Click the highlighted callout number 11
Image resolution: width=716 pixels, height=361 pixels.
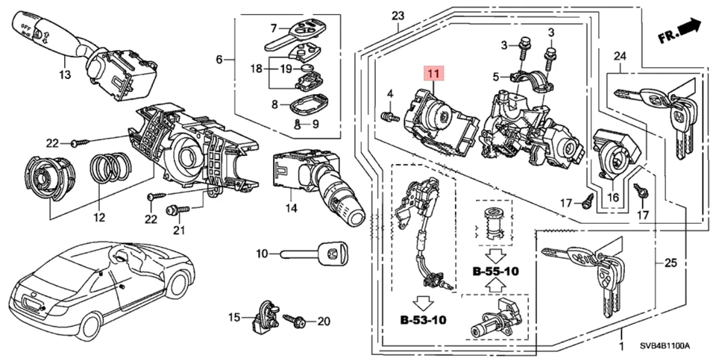433,74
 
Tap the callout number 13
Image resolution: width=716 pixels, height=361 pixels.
65,75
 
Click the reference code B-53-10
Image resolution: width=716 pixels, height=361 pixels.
423,321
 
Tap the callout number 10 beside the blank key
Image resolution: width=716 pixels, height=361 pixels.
262,254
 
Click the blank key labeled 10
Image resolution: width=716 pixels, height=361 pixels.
314,254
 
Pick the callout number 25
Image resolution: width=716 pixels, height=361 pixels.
670,263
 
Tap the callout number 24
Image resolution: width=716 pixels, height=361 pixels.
620,56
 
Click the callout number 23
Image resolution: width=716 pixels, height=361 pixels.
397,16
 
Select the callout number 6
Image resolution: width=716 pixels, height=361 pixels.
219,59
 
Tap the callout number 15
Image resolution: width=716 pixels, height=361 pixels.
234,318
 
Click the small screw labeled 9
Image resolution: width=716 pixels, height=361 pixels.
298,125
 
